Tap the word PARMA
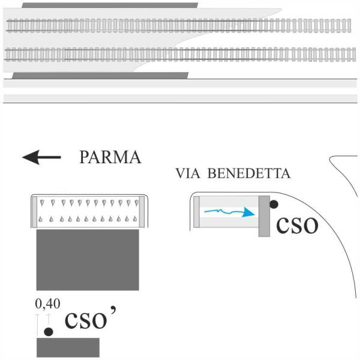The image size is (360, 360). coord(110,158)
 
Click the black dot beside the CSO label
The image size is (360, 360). coord(274,205)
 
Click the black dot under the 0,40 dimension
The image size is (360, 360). coord(49,331)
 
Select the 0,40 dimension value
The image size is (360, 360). coord(49,304)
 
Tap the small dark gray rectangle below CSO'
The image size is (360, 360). coord(68,347)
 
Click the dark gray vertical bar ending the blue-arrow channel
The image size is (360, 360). coord(264,216)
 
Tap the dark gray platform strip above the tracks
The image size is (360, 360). coord(109,5)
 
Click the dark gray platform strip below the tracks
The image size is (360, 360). coord(100,76)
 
